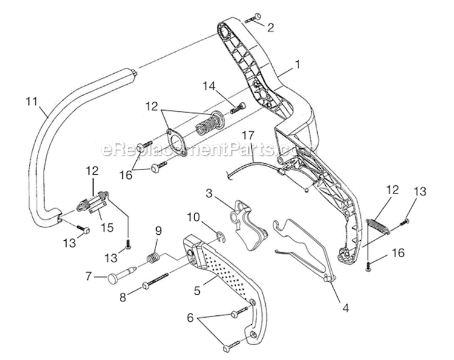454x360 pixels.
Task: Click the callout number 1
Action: [297, 62]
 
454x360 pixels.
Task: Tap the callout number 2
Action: [270, 27]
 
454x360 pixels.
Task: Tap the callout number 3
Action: [209, 194]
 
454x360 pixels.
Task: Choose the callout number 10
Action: [193, 217]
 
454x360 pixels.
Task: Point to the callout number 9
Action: [159, 231]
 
